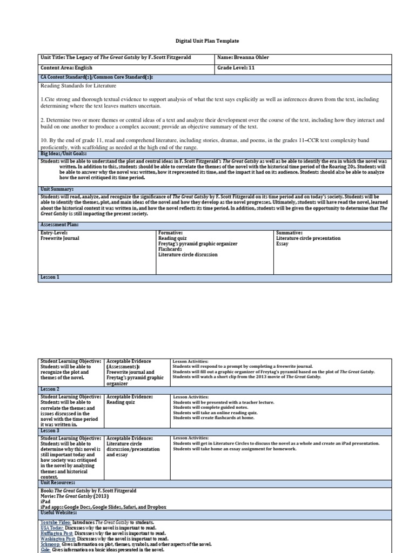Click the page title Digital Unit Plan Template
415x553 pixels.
[x=207, y=41]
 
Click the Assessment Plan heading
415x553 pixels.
[x=59, y=224]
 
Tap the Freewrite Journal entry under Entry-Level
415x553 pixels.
[x=59, y=238]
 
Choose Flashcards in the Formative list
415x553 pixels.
[x=170, y=249]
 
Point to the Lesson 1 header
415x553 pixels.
[x=50, y=277]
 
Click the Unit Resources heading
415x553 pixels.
[x=58, y=482]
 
